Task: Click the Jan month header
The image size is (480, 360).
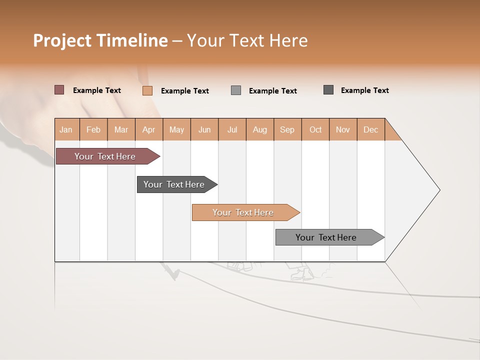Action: pyautogui.click(x=66, y=129)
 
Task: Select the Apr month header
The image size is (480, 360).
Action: pyautogui.click(x=149, y=129)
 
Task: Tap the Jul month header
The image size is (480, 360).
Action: pyautogui.click(x=232, y=129)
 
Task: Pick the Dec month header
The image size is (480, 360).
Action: pyautogui.click(x=370, y=129)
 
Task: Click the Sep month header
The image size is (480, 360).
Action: pyautogui.click(x=287, y=129)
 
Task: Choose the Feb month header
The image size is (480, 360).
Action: pyautogui.click(x=93, y=129)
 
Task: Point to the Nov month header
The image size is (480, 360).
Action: pyautogui.click(x=343, y=129)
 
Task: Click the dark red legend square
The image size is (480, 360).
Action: pyautogui.click(x=59, y=90)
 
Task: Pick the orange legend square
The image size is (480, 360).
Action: pyautogui.click(x=147, y=90)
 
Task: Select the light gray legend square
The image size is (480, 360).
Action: pyautogui.click(x=236, y=90)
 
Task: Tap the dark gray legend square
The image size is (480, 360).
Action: pyautogui.click(x=328, y=90)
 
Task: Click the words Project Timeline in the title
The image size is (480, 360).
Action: pyautogui.click(x=100, y=40)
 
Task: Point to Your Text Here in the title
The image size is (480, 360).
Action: pyautogui.click(x=247, y=40)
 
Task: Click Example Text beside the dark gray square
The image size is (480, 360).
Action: pyautogui.click(x=364, y=90)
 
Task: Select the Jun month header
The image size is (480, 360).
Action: pyautogui.click(x=204, y=129)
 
